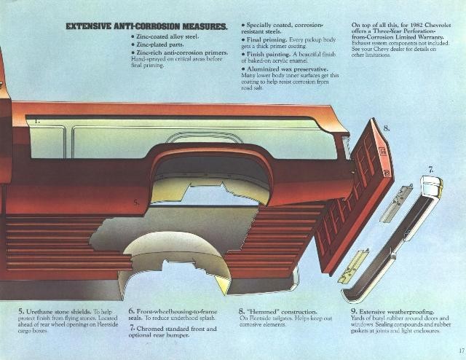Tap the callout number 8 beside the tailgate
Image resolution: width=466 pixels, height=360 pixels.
coord(387,128)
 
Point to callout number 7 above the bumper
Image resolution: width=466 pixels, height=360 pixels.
coord(431,169)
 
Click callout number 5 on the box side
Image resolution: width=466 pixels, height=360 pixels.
coord(136,203)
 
